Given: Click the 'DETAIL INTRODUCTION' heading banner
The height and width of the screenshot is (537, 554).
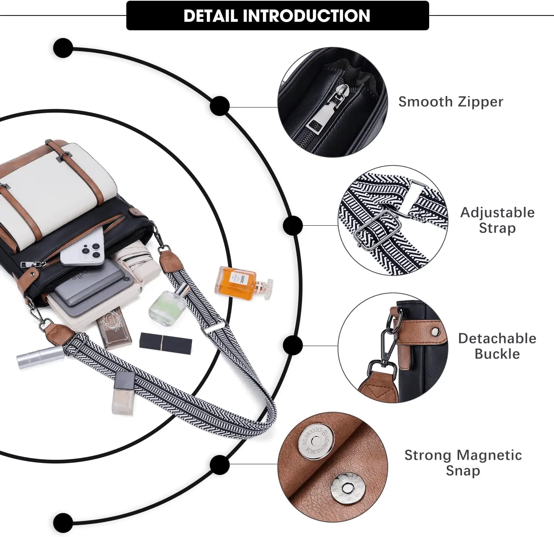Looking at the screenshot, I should pyautogui.click(x=277, y=16).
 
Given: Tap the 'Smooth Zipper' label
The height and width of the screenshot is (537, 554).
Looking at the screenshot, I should pyautogui.click(x=451, y=102).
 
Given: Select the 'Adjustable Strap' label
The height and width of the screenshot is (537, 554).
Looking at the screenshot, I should pyautogui.click(x=497, y=220).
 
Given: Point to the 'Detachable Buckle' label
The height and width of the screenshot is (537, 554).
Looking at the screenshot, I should pyautogui.click(x=497, y=346).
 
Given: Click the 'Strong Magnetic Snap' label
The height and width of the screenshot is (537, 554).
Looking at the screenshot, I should pyautogui.click(x=463, y=463).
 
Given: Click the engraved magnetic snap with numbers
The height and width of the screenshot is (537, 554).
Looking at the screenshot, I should pyautogui.click(x=316, y=441).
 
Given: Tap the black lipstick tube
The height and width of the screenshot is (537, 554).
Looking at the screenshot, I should pyautogui.click(x=166, y=343).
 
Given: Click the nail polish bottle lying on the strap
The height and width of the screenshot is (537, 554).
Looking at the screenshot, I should pyautogui.click(x=123, y=393).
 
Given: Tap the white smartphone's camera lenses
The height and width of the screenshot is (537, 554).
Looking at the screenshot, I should pyautogui.click(x=89, y=251).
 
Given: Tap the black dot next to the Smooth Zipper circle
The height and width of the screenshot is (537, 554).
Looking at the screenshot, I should pyautogui.click(x=220, y=106).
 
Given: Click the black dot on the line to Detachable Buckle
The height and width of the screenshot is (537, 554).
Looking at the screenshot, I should pyautogui.click(x=293, y=345).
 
